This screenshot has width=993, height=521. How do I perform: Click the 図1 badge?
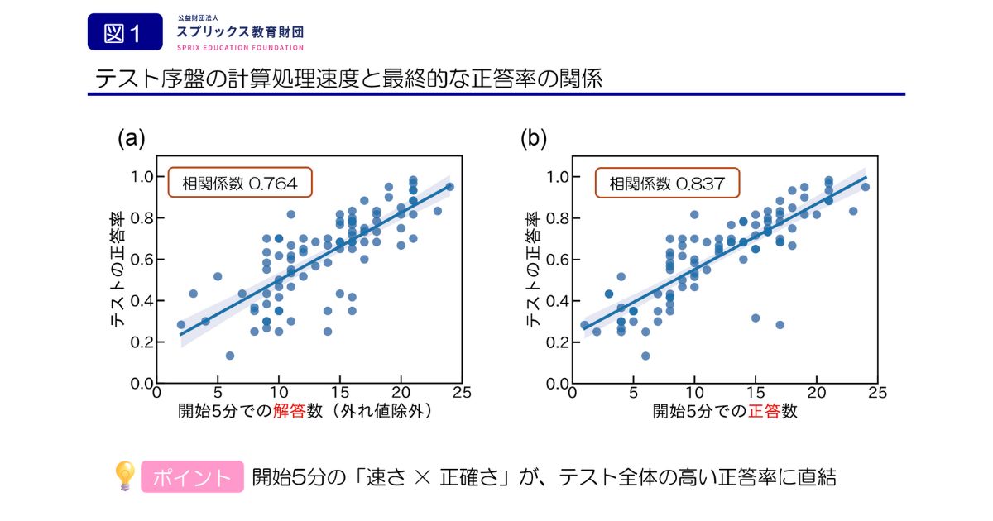pyautogui.click(x=125, y=32)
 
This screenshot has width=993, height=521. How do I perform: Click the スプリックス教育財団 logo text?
pyautogui.click(x=240, y=32)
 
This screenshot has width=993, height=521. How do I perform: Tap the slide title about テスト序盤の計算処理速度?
pyautogui.click(x=348, y=79)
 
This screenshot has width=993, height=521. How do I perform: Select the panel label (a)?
pyautogui.click(x=132, y=138)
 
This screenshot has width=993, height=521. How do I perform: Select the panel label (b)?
pyautogui.click(x=534, y=138)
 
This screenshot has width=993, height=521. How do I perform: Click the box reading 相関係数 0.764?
pyautogui.click(x=240, y=183)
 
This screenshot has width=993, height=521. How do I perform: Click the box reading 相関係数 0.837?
pyautogui.click(x=667, y=183)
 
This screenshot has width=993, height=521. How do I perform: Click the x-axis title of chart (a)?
pyautogui.click(x=306, y=411)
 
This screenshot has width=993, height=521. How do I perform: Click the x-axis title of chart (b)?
pyautogui.click(x=725, y=411)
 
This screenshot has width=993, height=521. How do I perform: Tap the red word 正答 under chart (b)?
pyautogui.click(x=765, y=411)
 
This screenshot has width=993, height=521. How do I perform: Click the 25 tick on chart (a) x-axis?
pyautogui.click(x=462, y=393)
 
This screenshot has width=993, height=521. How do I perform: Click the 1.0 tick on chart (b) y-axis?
pyautogui.click(x=558, y=177)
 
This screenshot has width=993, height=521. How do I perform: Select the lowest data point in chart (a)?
pyautogui.click(x=230, y=356)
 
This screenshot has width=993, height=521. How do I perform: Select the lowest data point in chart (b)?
pyautogui.click(x=645, y=356)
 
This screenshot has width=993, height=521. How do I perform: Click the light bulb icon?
pyautogui.click(x=124, y=476)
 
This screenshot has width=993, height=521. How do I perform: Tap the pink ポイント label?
pyautogui.click(x=192, y=477)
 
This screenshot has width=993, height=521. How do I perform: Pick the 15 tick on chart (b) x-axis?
pyautogui.click(x=756, y=393)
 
